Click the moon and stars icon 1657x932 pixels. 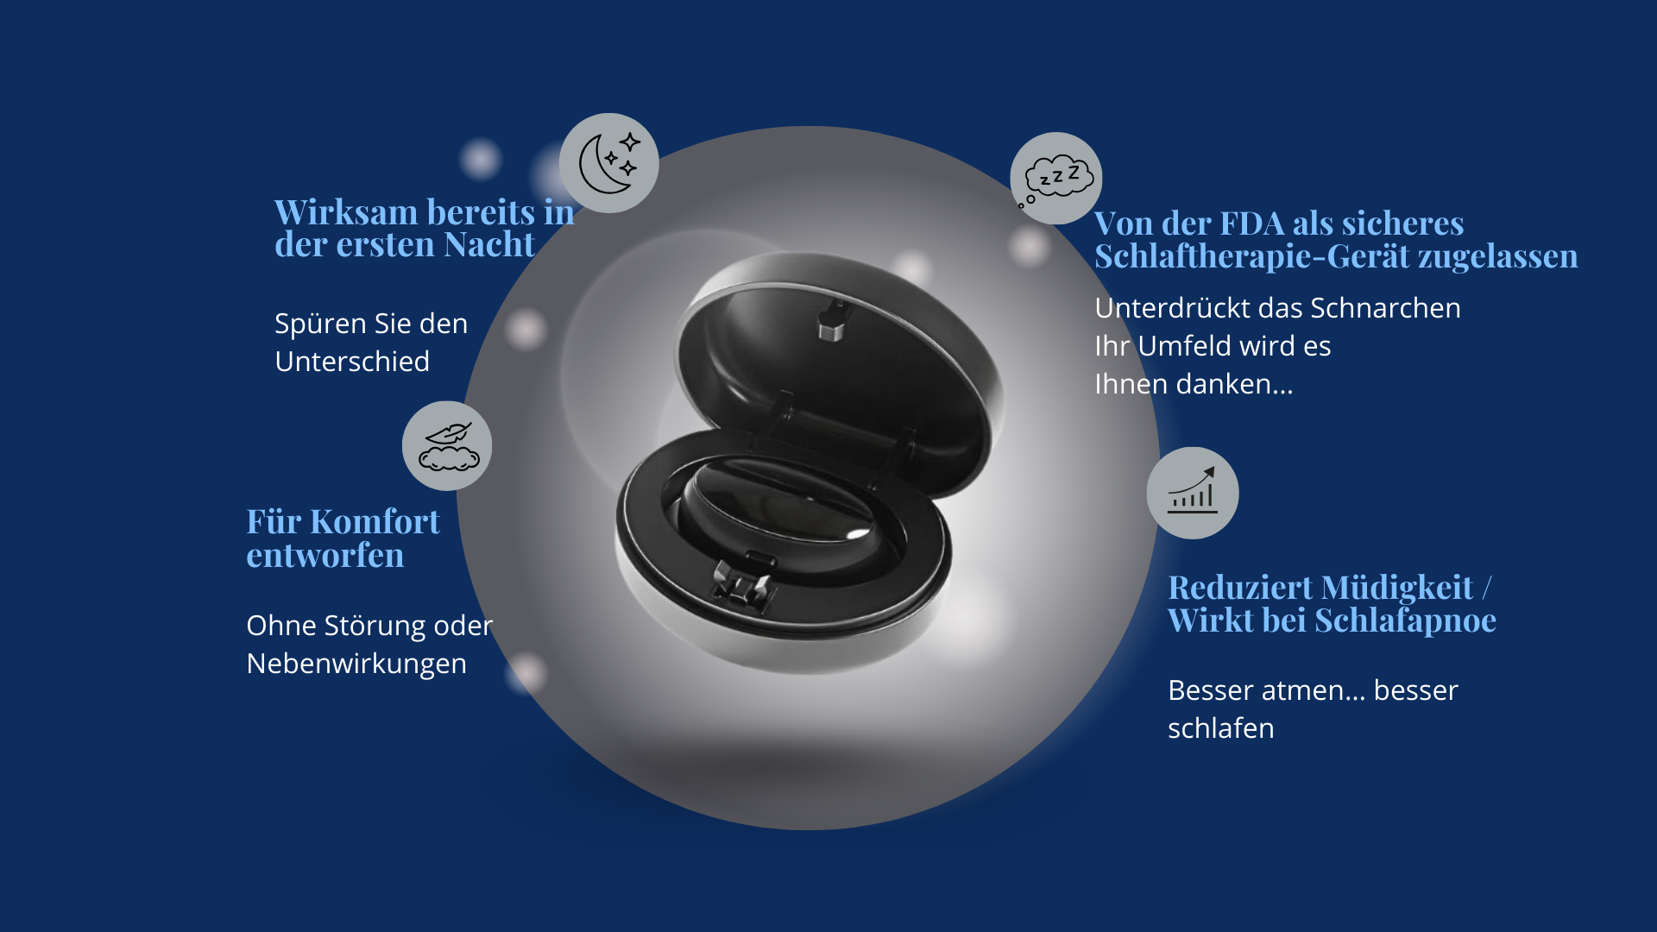pos(609,163)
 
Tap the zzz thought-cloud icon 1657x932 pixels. pos(1055,178)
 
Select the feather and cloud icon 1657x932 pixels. pos(447,446)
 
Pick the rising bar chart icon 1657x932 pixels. pos(1193,493)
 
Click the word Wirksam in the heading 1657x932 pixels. pos(346,212)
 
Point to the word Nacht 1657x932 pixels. pos(489,245)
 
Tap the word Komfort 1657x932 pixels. pos(375,522)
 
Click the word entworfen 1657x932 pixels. pos(325,556)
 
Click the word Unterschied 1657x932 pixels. pos(352,362)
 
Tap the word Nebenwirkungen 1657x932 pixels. pos(356,664)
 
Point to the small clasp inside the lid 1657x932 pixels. pos(831,320)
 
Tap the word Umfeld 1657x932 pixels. pos(1184,346)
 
